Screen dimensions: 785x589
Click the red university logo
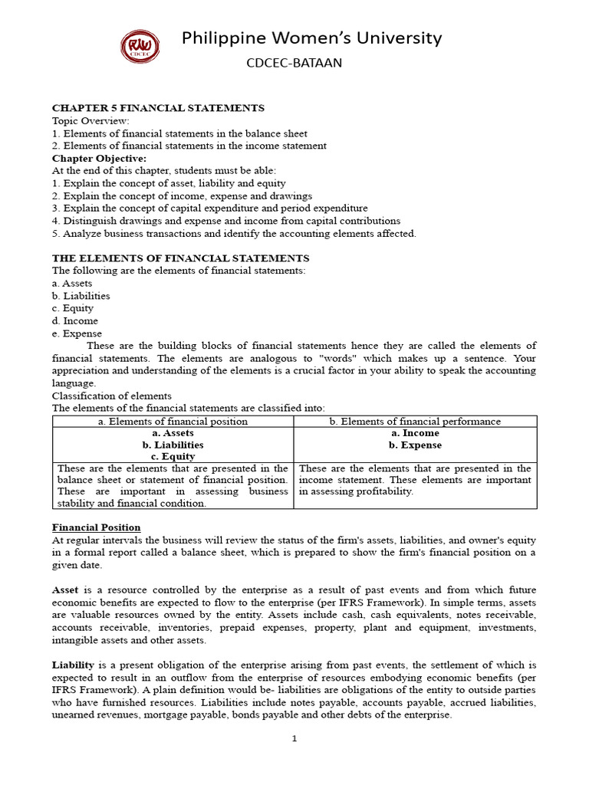(140, 47)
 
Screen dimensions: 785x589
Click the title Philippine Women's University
(311, 38)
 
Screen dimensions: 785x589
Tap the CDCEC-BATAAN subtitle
(294, 64)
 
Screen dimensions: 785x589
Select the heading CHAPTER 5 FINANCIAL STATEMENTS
(158, 108)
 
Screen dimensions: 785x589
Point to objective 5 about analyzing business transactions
(234, 233)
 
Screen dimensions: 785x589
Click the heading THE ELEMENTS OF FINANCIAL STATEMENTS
(180, 258)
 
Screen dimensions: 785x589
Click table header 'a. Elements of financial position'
(173, 421)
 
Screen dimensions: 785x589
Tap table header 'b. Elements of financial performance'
(415, 421)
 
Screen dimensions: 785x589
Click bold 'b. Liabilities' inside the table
(173, 445)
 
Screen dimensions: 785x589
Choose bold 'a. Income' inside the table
(415, 433)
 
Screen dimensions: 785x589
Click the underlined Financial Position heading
(96, 527)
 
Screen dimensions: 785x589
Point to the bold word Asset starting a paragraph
(66, 590)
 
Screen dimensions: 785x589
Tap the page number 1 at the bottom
(294, 739)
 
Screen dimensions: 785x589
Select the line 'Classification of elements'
(111, 396)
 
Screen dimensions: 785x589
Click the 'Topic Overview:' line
(90, 120)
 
